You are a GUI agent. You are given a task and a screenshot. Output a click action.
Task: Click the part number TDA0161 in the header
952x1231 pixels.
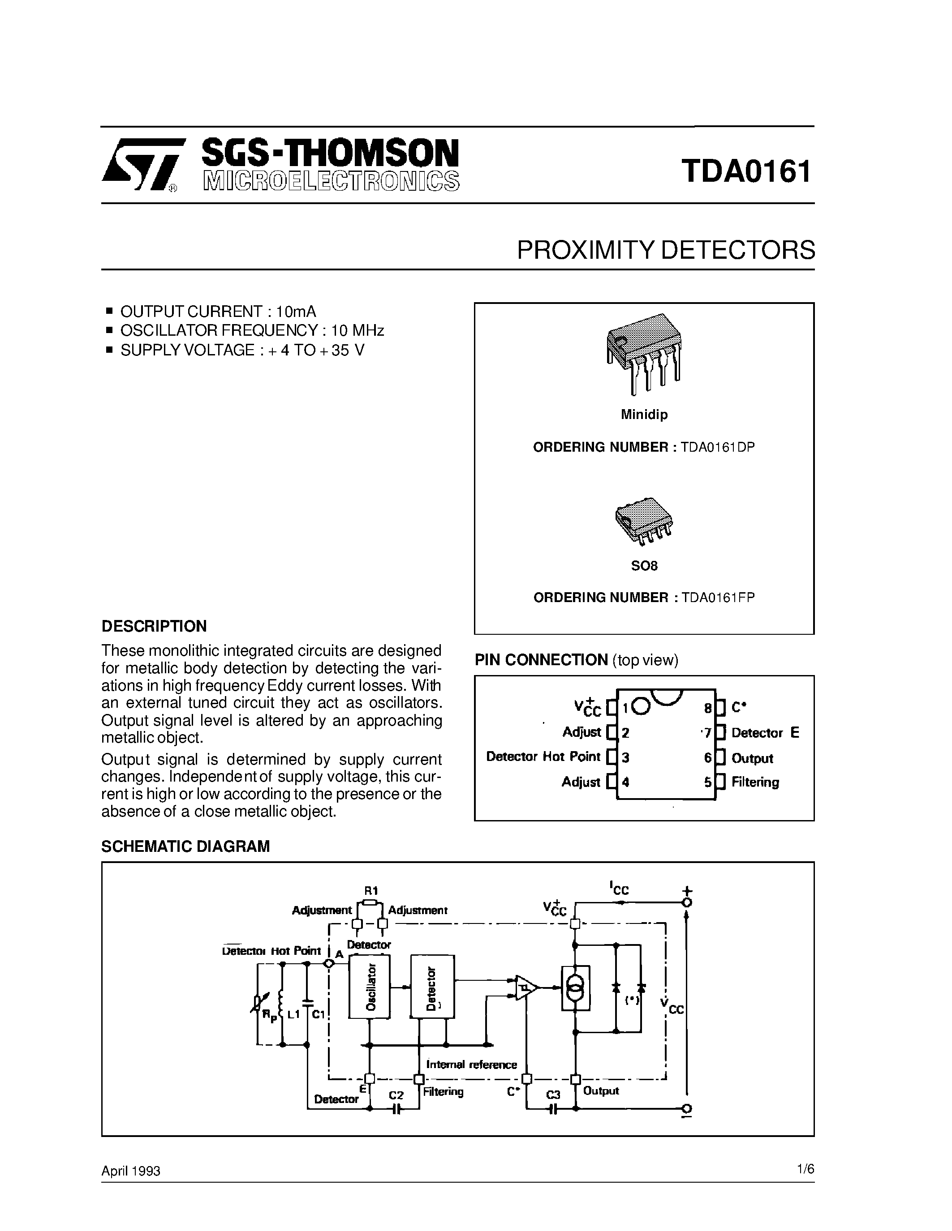(x=745, y=171)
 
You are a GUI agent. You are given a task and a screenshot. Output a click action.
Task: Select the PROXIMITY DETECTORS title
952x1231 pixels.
(x=665, y=250)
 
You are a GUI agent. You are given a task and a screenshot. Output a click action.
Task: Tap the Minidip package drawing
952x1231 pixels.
(x=644, y=352)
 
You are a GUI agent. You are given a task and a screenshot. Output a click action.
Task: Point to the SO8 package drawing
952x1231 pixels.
(x=643, y=521)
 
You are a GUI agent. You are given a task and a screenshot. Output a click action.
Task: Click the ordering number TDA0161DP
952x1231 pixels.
(x=717, y=447)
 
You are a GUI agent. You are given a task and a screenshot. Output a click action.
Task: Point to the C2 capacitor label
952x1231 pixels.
(x=396, y=1094)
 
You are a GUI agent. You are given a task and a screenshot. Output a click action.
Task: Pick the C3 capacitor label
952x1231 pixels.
(x=553, y=1094)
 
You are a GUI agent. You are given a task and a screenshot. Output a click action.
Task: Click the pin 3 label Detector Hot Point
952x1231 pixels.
(x=543, y=757)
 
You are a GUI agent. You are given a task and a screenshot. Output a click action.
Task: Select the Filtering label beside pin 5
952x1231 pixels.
(x=755, y=782)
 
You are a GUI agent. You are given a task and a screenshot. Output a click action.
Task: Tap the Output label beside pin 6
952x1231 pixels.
(x=752, y=758)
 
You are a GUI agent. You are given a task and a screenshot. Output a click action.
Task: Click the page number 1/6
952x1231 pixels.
(x=806, y=1169)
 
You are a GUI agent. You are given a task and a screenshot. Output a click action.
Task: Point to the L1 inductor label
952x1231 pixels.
(x=293, y=1014)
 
